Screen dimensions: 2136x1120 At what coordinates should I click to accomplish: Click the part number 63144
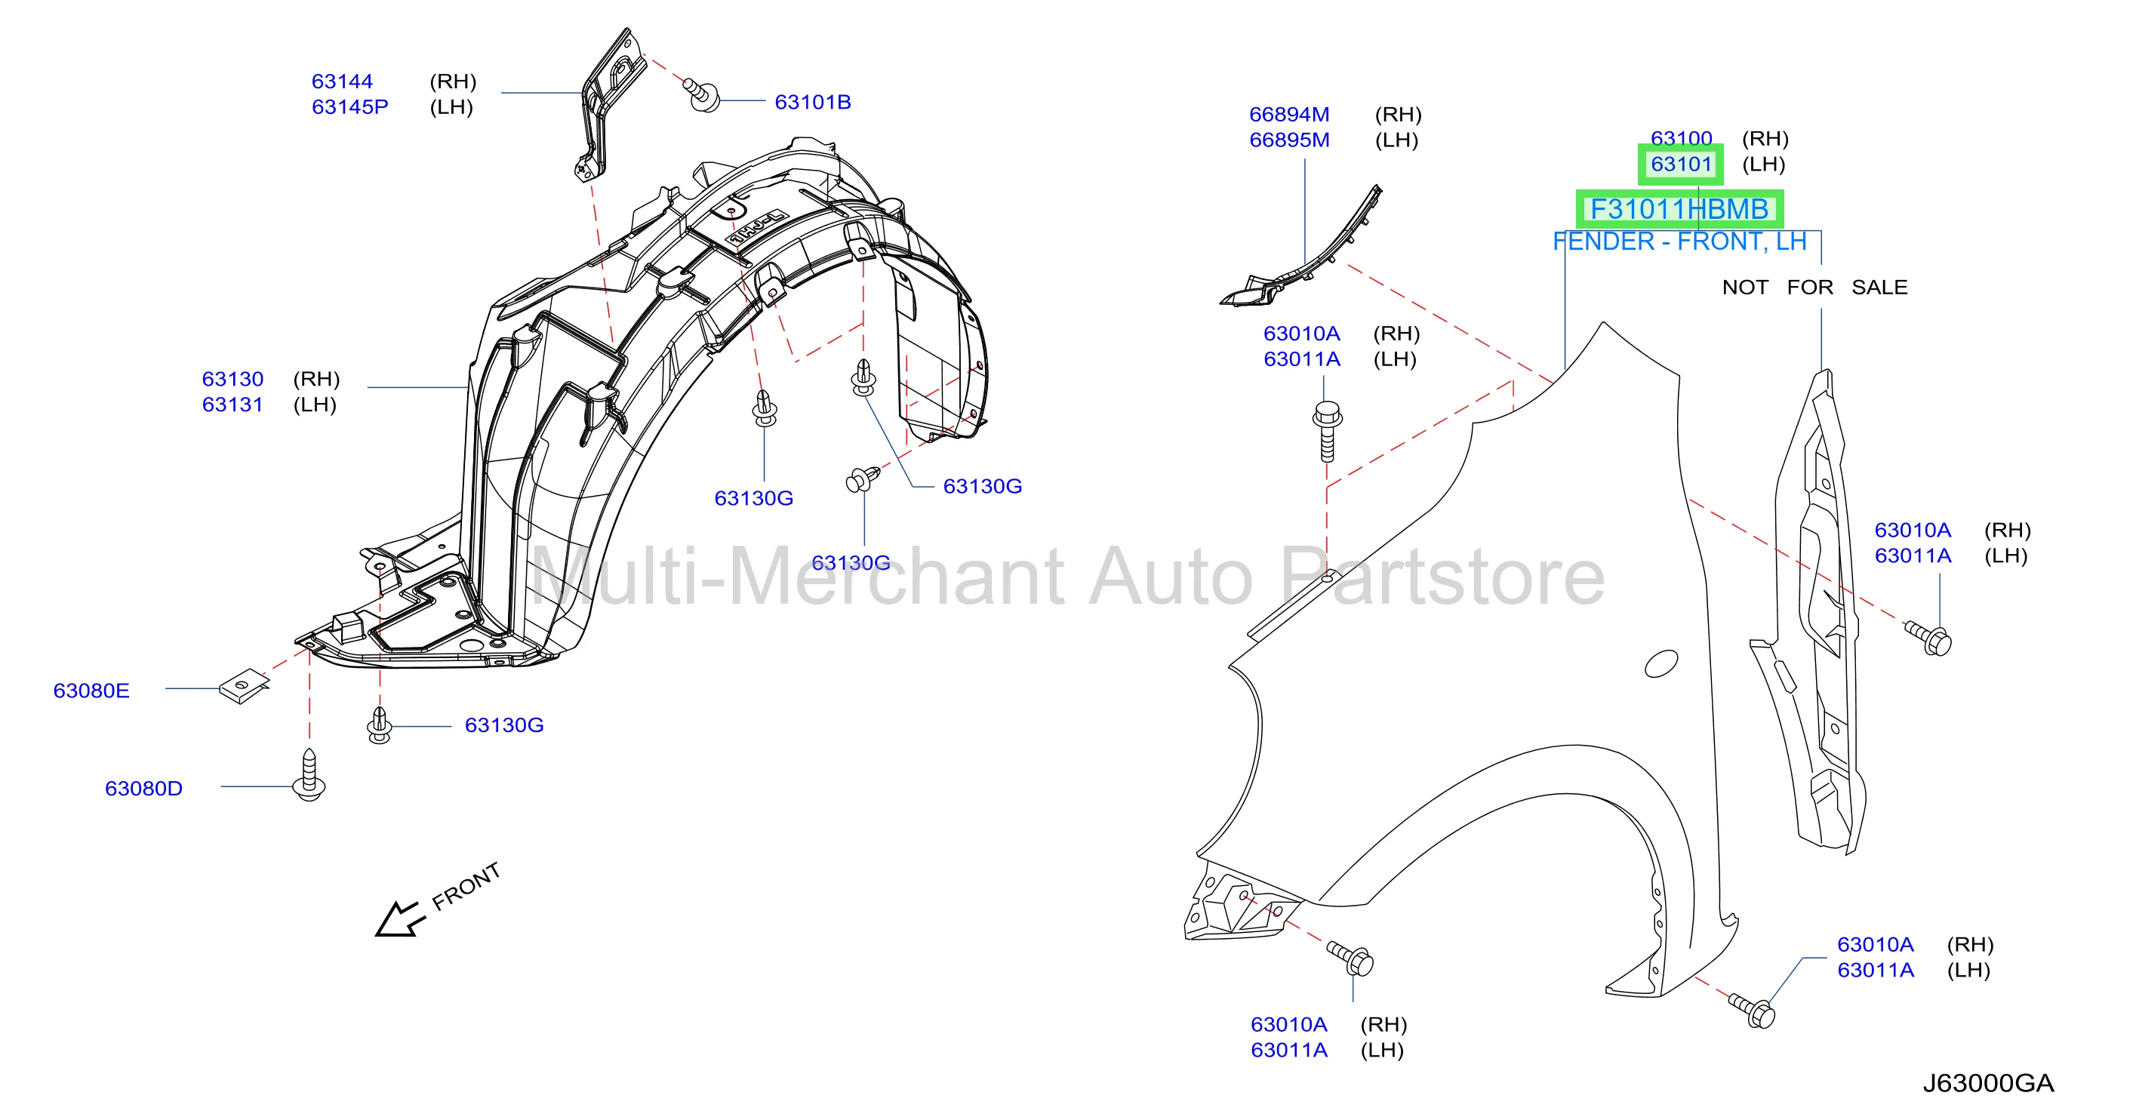[x=342, y=82]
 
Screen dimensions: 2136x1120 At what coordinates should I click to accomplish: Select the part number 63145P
[x=350, y=107]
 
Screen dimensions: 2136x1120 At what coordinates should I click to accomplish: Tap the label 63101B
[x=813, y=102]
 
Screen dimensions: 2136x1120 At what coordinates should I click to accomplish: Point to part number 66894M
[x=1289, y=115]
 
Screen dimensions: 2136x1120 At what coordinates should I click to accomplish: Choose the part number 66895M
[x=1289, y=140]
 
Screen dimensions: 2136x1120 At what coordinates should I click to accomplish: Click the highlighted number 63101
[x=1681, y=164]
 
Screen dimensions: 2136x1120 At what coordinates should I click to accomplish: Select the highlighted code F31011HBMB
[x=1679, y=209]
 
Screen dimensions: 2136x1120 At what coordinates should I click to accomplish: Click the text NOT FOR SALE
[x=1814, y=287]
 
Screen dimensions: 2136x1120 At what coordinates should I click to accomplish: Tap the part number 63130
[x=233, y=379]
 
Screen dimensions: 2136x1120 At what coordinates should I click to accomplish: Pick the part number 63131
[x=233, y=405]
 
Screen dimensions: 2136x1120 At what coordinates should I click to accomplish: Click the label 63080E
[x=91, y=691]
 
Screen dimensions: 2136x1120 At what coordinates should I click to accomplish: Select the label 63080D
[x=143, y=789]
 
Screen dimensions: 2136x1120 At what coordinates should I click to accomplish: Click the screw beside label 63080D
[x=309, y=775]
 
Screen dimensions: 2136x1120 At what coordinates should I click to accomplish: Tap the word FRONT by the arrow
[x=466, y=885]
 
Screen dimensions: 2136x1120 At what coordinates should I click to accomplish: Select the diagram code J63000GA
[x=1988, y=1083]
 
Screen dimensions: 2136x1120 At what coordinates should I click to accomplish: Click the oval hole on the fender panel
[x=1662, y=663]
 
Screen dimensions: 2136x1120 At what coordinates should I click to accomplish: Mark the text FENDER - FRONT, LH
[x=1679, y=242]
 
